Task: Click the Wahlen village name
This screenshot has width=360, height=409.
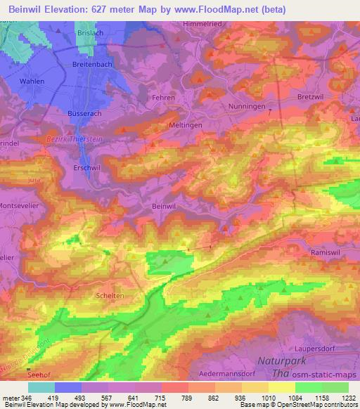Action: click(x=33, y=82)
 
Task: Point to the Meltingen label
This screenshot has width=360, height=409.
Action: click(x=167, y=124)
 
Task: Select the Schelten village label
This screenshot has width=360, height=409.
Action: click(x=110, y=296)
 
